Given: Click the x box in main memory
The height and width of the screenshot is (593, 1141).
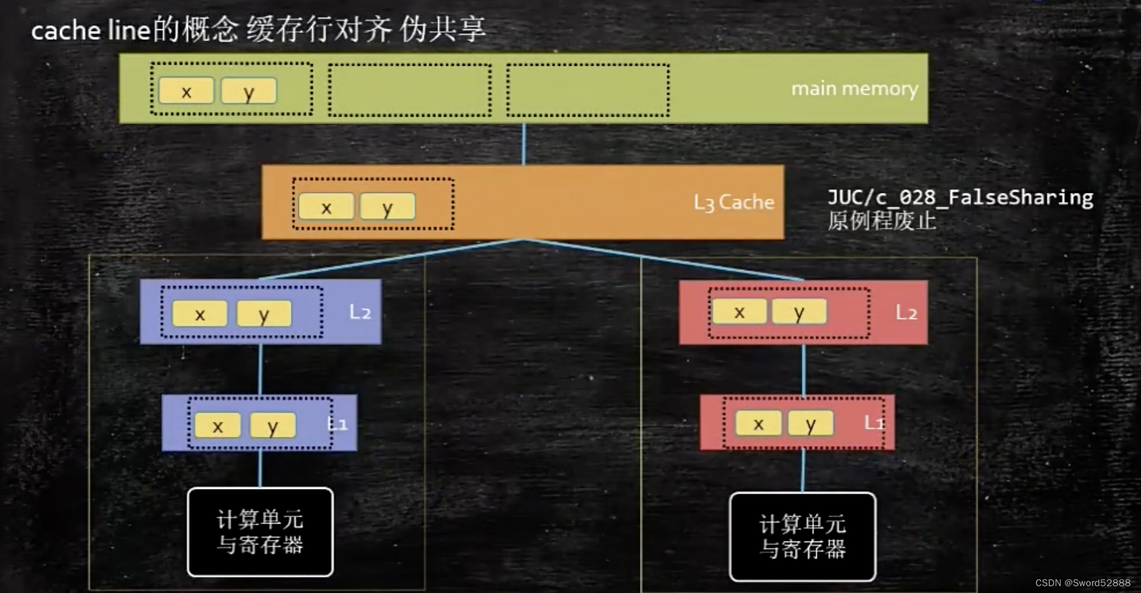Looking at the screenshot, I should click(x=186, y=91).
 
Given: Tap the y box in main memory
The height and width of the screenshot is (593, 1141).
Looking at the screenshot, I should click(x=249, y=91).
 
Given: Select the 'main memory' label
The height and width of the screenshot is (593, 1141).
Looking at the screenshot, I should click(x=854, y=89).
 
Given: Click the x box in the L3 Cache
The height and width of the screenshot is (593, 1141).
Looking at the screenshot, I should click(x=326, y=207).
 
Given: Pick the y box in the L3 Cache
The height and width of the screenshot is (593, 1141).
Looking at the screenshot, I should click(x=388, y=207).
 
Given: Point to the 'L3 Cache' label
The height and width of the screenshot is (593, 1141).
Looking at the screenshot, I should click(x=734, y=202).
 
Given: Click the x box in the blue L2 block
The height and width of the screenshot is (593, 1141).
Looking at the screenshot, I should click(x=200, y=313).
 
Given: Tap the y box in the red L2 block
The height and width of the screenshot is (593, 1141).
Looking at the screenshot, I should click(x=799, y=311).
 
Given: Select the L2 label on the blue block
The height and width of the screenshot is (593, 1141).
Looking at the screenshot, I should click(x=360, y=311).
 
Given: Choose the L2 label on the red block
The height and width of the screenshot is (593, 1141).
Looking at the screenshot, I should click(x=906, y=312).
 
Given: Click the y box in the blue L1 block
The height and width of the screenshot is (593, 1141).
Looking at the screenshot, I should click(x=272, y=426).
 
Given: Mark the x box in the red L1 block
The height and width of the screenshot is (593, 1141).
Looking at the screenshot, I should click(x=758, y=424).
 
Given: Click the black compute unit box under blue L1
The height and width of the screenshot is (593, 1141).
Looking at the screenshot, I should click(x=260, y=532).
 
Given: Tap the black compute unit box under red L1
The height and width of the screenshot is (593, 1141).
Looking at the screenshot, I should click(x=802, y=537).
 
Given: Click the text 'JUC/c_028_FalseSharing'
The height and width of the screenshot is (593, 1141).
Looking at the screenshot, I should click(x=960, y=197).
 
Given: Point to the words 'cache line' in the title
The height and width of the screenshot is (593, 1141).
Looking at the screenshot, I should click(x=91, y=30).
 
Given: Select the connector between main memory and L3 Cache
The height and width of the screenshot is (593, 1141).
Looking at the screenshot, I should click(x=524, y=144).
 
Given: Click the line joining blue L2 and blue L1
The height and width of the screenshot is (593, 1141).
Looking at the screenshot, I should click(x=260, y=369).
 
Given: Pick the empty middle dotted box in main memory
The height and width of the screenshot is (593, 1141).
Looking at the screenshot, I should click(x=409, y=90).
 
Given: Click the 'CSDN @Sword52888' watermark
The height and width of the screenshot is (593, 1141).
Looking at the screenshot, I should click(x=1083, y=582).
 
